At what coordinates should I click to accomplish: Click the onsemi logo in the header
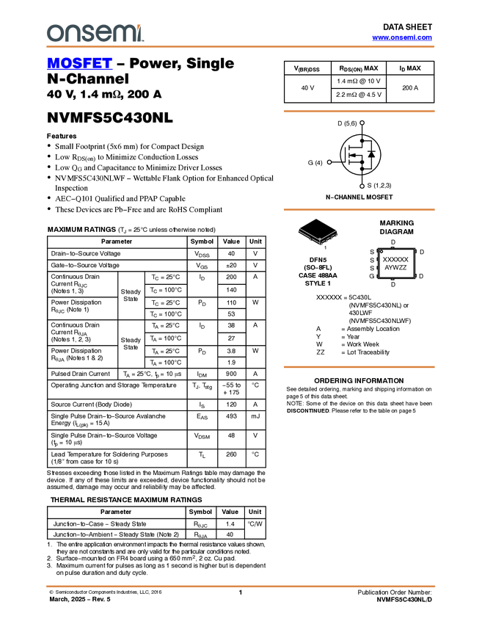coord(95,33)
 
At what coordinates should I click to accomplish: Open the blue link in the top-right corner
coord(402,37)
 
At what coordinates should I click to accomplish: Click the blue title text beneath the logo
coord(79,64)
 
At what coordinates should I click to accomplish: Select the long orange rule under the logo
coord(241,47)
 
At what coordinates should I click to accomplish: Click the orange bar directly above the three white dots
coord(359,112)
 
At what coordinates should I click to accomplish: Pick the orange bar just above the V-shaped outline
coord(359,210)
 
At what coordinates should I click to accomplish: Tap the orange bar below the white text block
coord(359,367)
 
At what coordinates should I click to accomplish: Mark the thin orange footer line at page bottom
coord(241,587)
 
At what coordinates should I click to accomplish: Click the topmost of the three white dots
coord(362,123)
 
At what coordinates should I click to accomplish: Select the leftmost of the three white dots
coord(329,162)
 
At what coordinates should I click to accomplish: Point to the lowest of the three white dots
coord(362,186)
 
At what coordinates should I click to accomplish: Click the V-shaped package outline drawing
coord(318,236)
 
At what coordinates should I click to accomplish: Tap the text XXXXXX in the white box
coord(396,260)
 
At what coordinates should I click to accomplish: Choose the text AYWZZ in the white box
coord(395,268)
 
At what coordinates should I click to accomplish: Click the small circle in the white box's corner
coord(381,252)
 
